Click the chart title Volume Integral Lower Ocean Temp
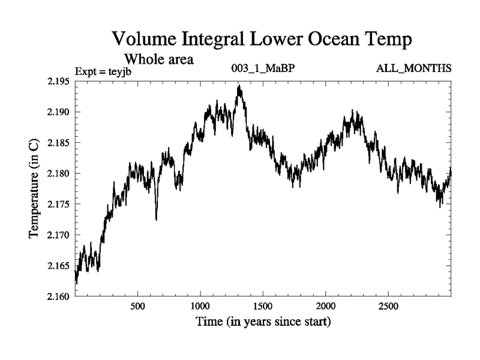coord(262,40)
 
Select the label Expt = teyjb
coord(103,71)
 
